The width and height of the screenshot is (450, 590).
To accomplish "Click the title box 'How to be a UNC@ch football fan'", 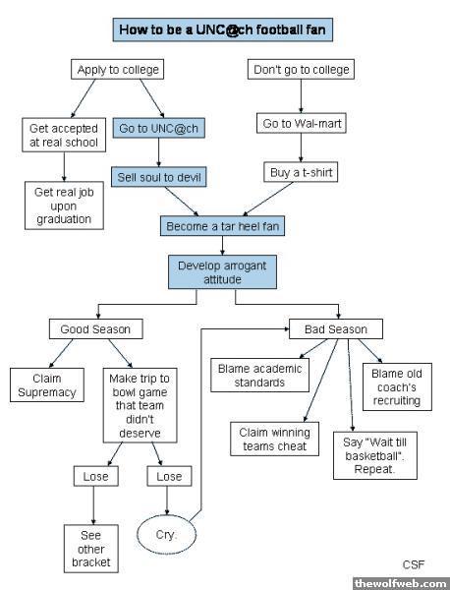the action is (x=223, y=29).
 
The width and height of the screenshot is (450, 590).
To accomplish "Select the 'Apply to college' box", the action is (x=117, y=70).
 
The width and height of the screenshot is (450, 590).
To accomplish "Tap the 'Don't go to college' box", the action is (x=301, y=70).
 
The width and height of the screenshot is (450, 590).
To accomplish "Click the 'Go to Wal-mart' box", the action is (x=301, y=123).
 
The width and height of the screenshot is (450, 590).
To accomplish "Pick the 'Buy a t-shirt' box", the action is (x=301, y=172).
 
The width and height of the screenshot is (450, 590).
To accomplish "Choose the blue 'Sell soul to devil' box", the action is (x=158, y=177).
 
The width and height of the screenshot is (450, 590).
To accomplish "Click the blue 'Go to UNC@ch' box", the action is (x=158, y=128).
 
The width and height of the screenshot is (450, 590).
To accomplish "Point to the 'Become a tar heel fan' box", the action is (x=223, y=226).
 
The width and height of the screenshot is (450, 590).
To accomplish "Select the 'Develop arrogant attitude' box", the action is (x=223, y=272).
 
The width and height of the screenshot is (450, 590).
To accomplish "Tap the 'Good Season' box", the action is (x=96, y=329).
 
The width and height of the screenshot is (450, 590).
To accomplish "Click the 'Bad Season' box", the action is (x=336, y=329).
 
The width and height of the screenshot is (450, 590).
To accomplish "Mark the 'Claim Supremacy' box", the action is (x=47, y=384).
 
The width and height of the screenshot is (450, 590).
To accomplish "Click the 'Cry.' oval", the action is (x=167, y=534).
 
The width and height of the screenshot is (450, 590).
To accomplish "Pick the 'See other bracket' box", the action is (x=91, y=549).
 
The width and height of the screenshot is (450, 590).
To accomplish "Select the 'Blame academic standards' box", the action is (x=259, y=376).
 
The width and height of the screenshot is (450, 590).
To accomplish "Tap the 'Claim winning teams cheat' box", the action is (x=274, y=440).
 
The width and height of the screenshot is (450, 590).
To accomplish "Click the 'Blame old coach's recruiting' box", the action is (x=397, y=386).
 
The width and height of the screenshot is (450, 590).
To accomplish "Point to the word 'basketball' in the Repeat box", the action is (x=372, y=455).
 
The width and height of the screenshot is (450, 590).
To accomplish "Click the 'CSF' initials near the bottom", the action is (x=414, y=564).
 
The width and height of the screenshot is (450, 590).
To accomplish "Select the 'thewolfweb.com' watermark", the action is (x=401, y=583).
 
